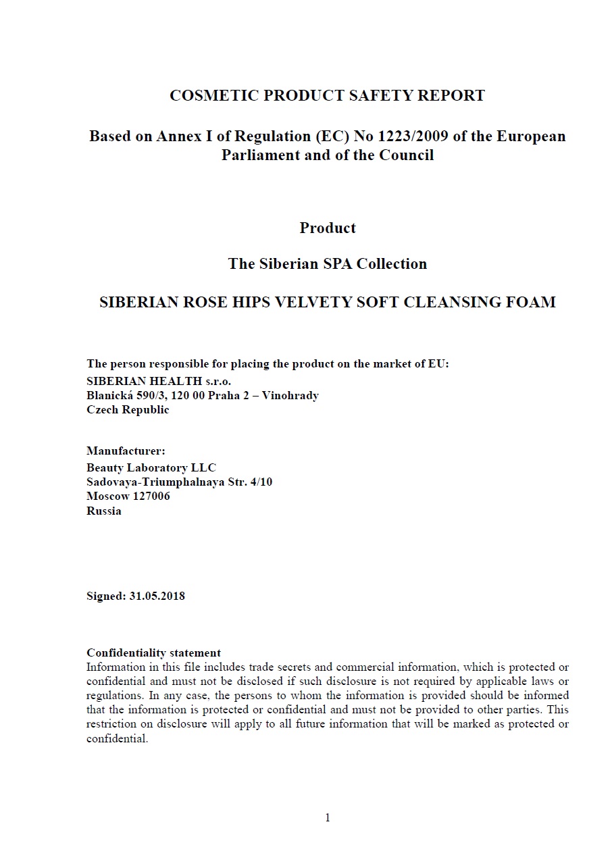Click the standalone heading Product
pos(328,228)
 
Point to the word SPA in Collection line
pos(340,264)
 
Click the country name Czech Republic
pos(128,410)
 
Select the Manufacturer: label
pos(126,451)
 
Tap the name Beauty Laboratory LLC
pos(151,467)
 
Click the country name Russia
pos(104,511)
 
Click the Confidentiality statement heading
pos(153,653)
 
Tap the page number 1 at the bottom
pos(328,819)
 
